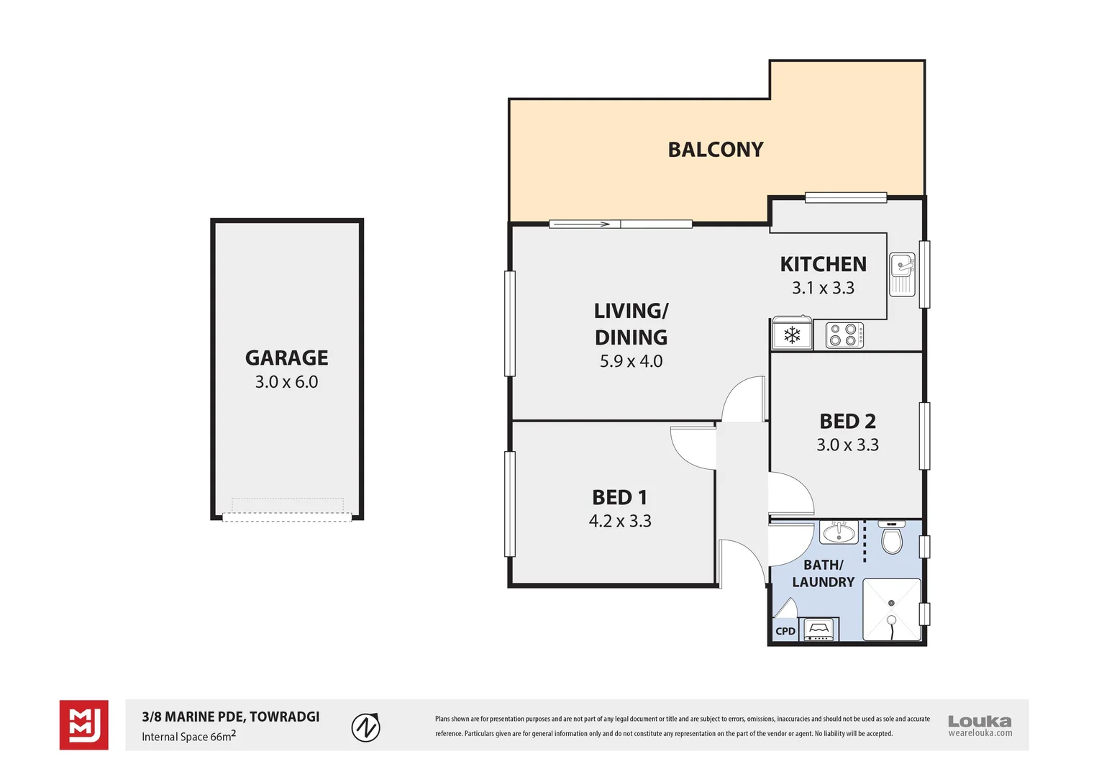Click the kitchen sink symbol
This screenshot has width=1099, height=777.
click(x=902, y=274)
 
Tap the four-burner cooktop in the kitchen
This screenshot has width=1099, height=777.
click(x=844, y=335)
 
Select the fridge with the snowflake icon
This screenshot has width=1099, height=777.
click(x=792, y=335)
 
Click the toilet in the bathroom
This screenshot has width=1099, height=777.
click(x=892, y=539)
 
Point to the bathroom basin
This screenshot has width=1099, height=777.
click(x=838, y=533)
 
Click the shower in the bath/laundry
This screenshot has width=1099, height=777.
click(x=892, y=609)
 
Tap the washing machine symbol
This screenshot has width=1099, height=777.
click(x=819, y=630)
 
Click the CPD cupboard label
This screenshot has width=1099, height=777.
click(x=785, y=631)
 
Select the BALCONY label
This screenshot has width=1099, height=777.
click(x=716, y=150)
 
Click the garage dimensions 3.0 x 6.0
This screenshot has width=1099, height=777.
click(x=286, y=382)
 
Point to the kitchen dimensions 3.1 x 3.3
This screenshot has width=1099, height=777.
click(x=824, y=288)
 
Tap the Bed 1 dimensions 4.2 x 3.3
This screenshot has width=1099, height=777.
click(x=620, y=521)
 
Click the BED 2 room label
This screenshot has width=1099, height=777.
click(x=847, y=421)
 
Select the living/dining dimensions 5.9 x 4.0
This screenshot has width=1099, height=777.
click(x=631, y=361)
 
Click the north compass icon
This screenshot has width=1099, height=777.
click(x=365, y=727)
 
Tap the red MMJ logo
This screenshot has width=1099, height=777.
click(x=84, y=725)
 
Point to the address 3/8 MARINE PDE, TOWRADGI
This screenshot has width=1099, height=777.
click(x=231, y=717)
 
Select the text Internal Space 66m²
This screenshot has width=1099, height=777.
click(x=188, y=737)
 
